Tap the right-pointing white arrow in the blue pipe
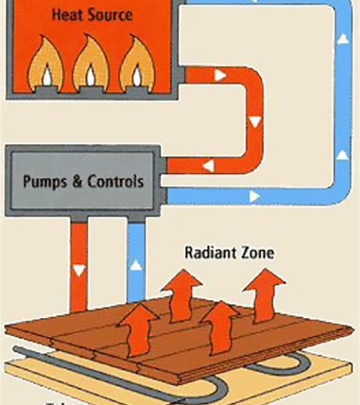(254, 196)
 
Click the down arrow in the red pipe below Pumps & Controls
(78, 271)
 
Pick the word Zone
(256, 252)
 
